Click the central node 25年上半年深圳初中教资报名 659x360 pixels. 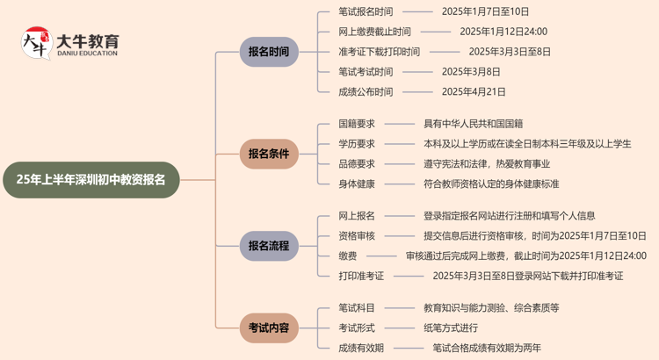[97, 179]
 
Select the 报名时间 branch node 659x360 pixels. [269, 52]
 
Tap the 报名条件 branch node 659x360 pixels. [269, 154]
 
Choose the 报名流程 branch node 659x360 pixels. [269, 246]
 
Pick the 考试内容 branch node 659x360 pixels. [269, 328]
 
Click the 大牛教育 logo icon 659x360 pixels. [36, 43]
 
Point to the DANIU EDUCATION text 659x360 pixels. [88, 54]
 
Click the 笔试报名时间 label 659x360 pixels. [366, 12]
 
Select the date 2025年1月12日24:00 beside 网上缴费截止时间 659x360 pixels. [503, 32]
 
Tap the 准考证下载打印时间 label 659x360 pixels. [379, 52]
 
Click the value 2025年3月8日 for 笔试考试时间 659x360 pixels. [471, 72]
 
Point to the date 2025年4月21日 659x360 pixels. [474, 91]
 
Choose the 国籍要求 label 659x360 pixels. [357, 124]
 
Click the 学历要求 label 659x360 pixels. [357, 144]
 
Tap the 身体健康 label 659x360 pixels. [357, 184]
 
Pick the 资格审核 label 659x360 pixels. [357, 235]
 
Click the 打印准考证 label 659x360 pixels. [361, 276]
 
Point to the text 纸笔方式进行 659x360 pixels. [451, 328]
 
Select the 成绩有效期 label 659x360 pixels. [361, 348]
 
